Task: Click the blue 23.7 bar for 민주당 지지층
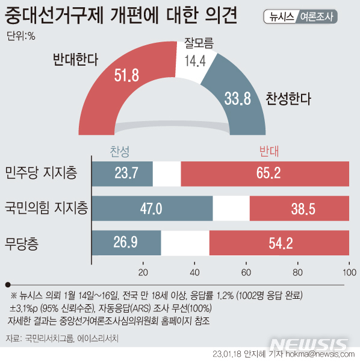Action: tap(122, 173)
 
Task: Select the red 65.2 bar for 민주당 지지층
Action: tap(265, 173)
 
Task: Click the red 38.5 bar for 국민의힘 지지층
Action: tap(299, 208)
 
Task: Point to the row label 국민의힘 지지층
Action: tap(46, 209)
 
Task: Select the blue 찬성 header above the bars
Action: tap(119, 151)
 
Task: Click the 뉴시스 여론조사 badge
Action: tap(300, 16)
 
